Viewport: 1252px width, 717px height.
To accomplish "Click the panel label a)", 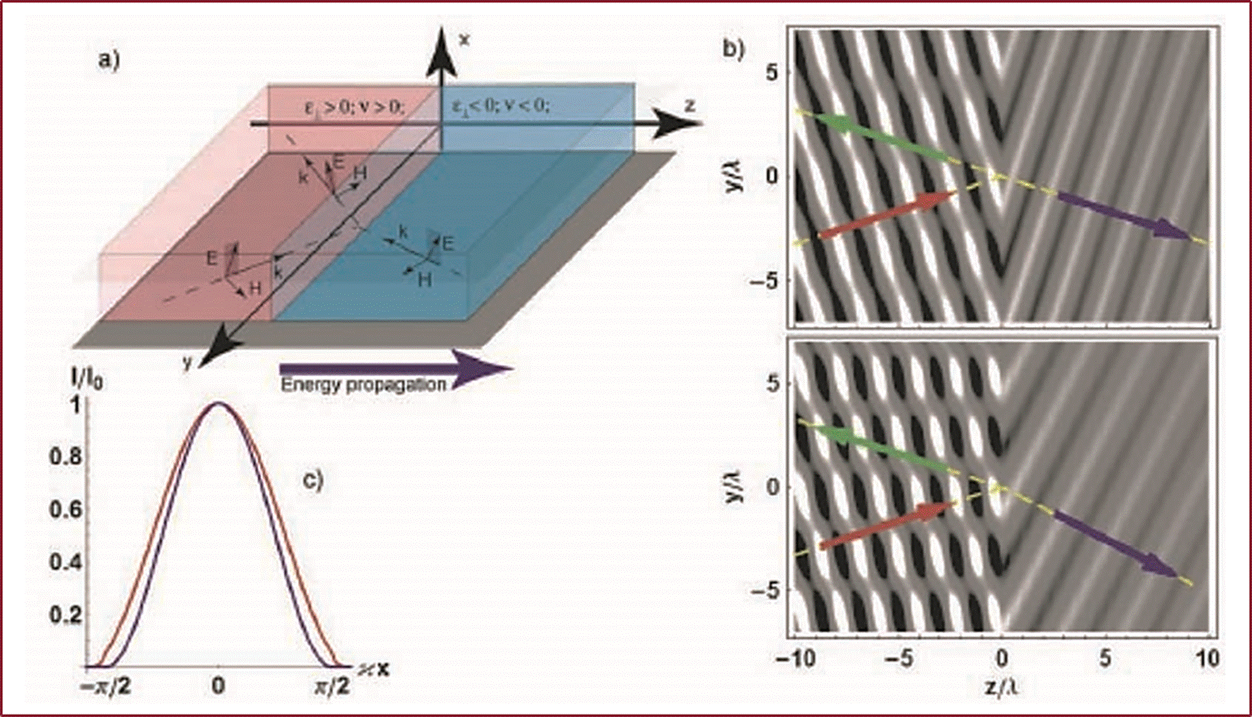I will click(109, 59).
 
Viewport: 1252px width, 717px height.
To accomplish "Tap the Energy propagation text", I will click(363, 384).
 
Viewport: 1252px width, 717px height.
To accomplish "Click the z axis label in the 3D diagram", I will click(689, 106).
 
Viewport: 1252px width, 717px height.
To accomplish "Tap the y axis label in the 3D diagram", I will click(187, 361).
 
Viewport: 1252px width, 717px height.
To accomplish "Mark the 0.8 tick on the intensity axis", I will click(65, 457).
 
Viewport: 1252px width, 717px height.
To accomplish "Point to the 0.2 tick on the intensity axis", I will click(65, 615).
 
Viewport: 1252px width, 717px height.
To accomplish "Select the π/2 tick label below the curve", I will click(332, 686).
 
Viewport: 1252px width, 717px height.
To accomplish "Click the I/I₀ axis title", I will click(86, 378).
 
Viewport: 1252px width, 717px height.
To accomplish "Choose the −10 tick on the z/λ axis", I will click(794, 659).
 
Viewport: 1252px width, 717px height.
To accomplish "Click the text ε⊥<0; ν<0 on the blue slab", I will click(500, 106).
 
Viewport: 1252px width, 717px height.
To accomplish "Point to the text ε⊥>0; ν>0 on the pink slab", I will click(353, 107).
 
